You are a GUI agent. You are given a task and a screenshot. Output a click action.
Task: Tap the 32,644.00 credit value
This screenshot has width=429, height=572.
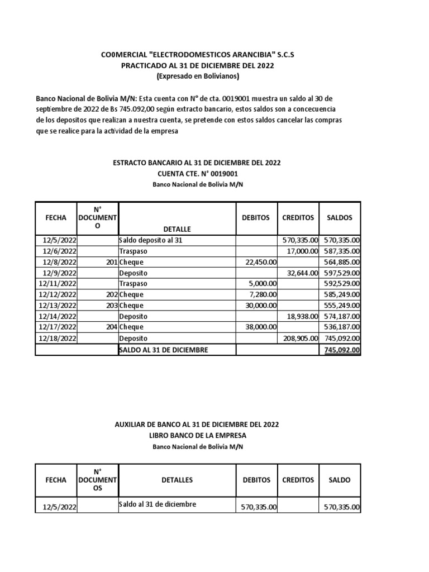302,273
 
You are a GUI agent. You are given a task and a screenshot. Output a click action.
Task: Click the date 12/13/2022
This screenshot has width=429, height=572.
58,306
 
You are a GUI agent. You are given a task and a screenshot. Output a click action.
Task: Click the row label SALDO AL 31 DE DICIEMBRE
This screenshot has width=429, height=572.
163,350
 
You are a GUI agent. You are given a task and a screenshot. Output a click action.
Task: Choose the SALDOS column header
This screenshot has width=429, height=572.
340,218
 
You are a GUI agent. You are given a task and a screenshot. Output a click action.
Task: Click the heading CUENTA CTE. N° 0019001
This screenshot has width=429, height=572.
197,174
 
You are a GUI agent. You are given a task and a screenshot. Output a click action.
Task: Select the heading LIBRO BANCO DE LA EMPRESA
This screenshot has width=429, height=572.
197,435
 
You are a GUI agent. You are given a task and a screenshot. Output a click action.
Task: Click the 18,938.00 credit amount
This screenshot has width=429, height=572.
302,317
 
